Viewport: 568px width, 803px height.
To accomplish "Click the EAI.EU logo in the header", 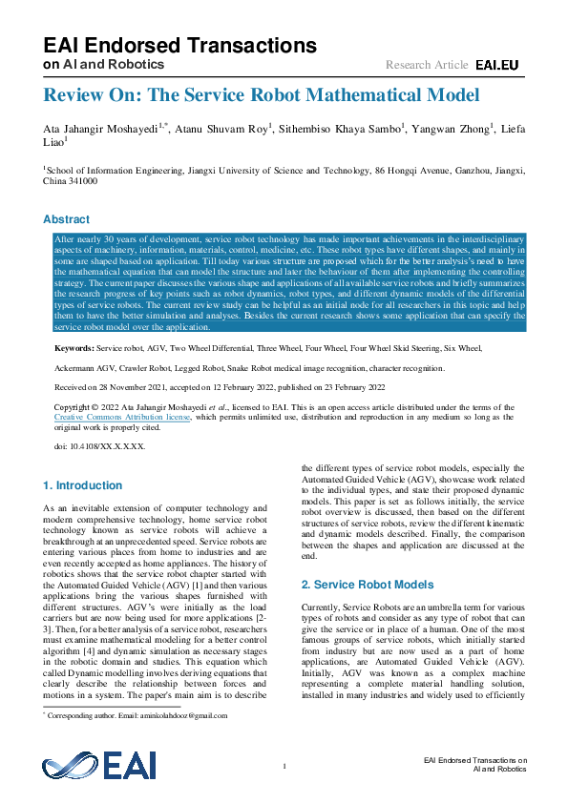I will [x=498, y=65].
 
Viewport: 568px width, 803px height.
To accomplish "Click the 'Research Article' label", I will [x=427, y=65].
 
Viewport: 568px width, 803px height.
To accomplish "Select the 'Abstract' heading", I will [x=66, y=218].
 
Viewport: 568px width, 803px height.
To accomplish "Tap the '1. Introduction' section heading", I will [x=83, y=485].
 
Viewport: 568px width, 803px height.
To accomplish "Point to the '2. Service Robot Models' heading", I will [x=368, y=585].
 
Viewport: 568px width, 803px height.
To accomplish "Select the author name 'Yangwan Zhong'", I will [x=454, y=128].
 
